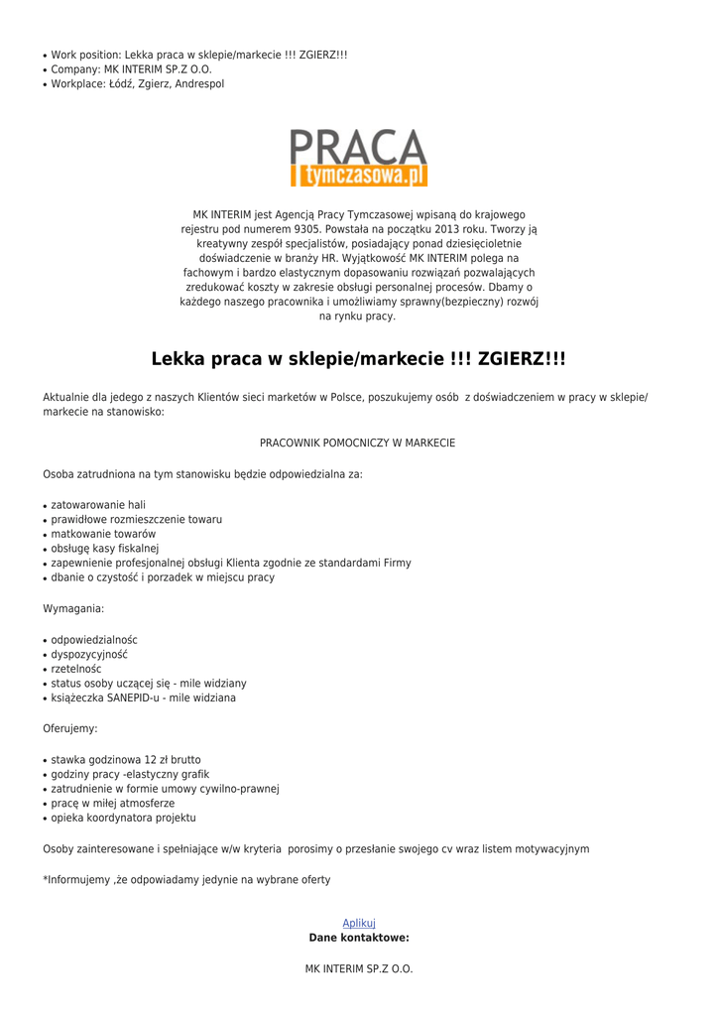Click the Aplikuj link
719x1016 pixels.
(x=359, y=923)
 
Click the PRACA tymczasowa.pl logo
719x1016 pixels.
(x=359, y=158)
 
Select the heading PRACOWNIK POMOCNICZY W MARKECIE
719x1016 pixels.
(x=358, y=443)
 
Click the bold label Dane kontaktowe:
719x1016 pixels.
(x=359, y=938)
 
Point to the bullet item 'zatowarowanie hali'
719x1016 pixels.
(x=98, y=505)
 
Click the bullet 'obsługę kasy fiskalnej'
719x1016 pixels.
(x=105, y=549)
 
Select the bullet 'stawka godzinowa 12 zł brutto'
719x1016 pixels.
(x=126, y=760)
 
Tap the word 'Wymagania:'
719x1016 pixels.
(x=73, y=608)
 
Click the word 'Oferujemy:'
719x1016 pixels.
(x=70, y=729)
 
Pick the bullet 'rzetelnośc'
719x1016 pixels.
(x=76, y=669)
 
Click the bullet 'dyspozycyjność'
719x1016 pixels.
(x=89, y=655)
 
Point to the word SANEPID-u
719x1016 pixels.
(x=134, y=698)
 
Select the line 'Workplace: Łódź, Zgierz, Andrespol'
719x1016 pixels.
(x=138, y=84)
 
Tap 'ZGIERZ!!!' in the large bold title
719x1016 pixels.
(x=522, y=358)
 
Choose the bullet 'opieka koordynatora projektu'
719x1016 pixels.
(x=124, y=818)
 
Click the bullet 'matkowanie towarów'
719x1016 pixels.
(x=103, y=534)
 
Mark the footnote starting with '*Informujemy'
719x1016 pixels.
(x=186, y=880)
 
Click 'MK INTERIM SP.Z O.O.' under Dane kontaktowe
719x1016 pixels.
(x=359, y=968)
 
